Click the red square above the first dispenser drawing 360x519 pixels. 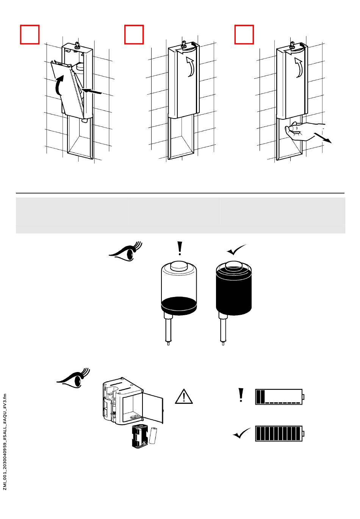[30, 34]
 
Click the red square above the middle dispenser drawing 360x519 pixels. [134, 34]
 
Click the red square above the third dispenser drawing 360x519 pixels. [244, 34]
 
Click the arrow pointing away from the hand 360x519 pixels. [326, 138]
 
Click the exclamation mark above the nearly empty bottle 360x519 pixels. [180, 249]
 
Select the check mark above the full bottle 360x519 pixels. [236, 250]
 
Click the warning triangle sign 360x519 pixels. [184, 396]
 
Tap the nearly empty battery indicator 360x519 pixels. [280, 397]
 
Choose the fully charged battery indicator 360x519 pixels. [280, 433]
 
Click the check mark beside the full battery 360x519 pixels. [242, 433]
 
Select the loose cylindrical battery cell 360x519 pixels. [154, 435]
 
